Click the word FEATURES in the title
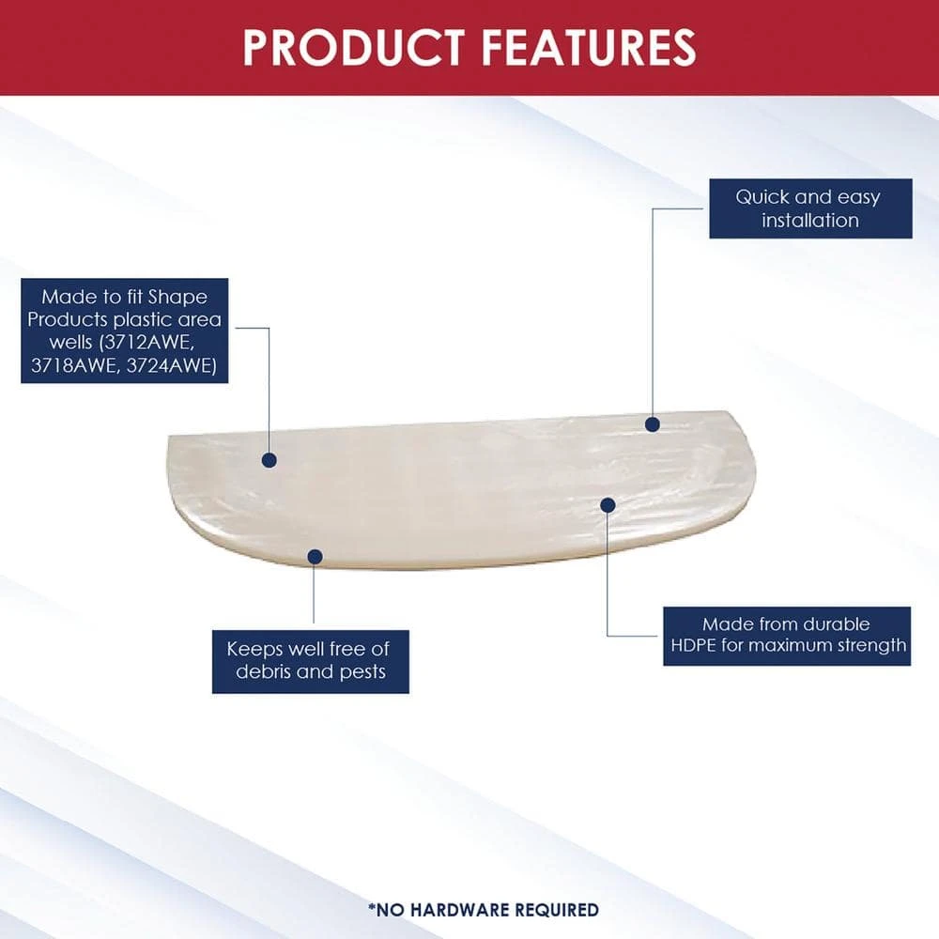click(589, 47)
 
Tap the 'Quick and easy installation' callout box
click(810, 208)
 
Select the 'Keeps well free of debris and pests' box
click(310, 661)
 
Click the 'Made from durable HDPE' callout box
click(786, 636)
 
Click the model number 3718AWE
click(75, 364)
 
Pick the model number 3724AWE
click(171, 364)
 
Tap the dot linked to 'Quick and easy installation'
click(653, 424)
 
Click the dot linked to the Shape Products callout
click(269, 460)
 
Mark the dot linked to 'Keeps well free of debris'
click(315, 557)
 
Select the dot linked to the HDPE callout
click(608, 505)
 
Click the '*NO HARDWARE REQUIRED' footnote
click(484, 910)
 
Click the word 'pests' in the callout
click(362, 672)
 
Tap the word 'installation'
click(809, 220)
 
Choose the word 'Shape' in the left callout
click(177, 297)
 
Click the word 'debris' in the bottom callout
click(263, 671)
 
